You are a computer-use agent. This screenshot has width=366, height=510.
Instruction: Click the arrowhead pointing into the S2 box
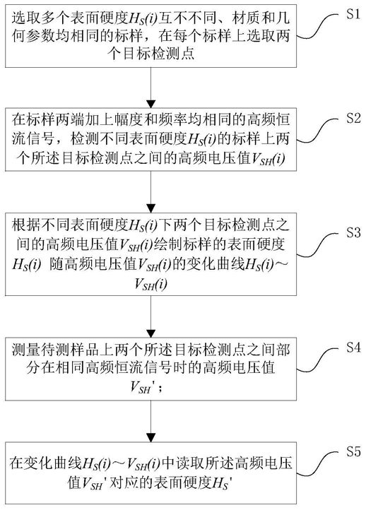(x=151, y=103)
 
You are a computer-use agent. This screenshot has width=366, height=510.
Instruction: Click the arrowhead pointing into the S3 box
(x=151, y=208)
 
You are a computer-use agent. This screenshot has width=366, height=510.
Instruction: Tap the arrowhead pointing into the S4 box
(x=151, y=333)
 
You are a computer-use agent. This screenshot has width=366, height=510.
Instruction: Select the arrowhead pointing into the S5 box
(x=151, y=437)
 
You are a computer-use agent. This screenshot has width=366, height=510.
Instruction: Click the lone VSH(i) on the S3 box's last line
(x=151, y=285)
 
